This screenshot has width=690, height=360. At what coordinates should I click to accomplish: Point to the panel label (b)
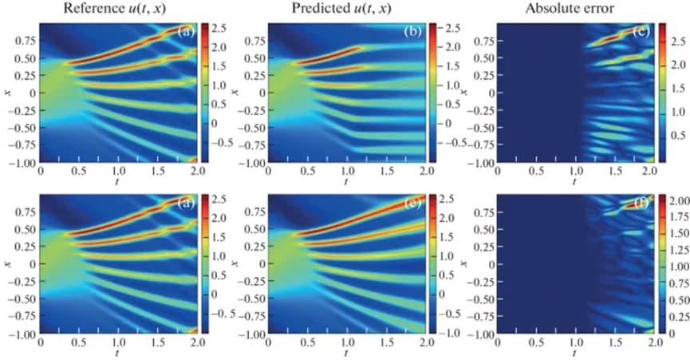(x=414, y=33)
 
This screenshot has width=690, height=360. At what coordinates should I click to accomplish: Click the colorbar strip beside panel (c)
(x=661, y=93)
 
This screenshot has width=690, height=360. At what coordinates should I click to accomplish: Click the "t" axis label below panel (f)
(x=574, y=352)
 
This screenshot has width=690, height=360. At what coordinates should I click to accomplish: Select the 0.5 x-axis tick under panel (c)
(x=535, y=172)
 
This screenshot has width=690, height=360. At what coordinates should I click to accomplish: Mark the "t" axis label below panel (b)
(x=346, y=181)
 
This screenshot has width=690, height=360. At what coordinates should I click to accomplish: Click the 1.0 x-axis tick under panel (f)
(x=574, y=342)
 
